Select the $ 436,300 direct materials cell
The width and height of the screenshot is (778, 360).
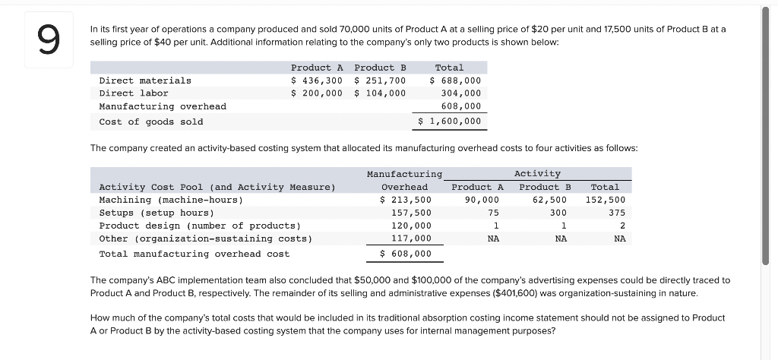(317, 81)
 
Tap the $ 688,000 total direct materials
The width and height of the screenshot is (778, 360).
(455, 81)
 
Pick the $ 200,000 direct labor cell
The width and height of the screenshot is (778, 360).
(317, 93)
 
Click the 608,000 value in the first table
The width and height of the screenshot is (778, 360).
(461, 107)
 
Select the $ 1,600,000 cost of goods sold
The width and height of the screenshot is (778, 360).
(450, 122)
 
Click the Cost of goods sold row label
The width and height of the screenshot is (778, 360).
(151, 122)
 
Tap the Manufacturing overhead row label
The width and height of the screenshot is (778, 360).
(163, 107)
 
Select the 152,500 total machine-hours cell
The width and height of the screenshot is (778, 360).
(606, 200)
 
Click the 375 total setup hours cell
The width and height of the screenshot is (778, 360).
(617, 213)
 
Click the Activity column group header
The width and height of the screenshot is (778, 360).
(537, 174)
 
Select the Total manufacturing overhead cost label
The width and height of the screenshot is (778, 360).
(194, 254)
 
